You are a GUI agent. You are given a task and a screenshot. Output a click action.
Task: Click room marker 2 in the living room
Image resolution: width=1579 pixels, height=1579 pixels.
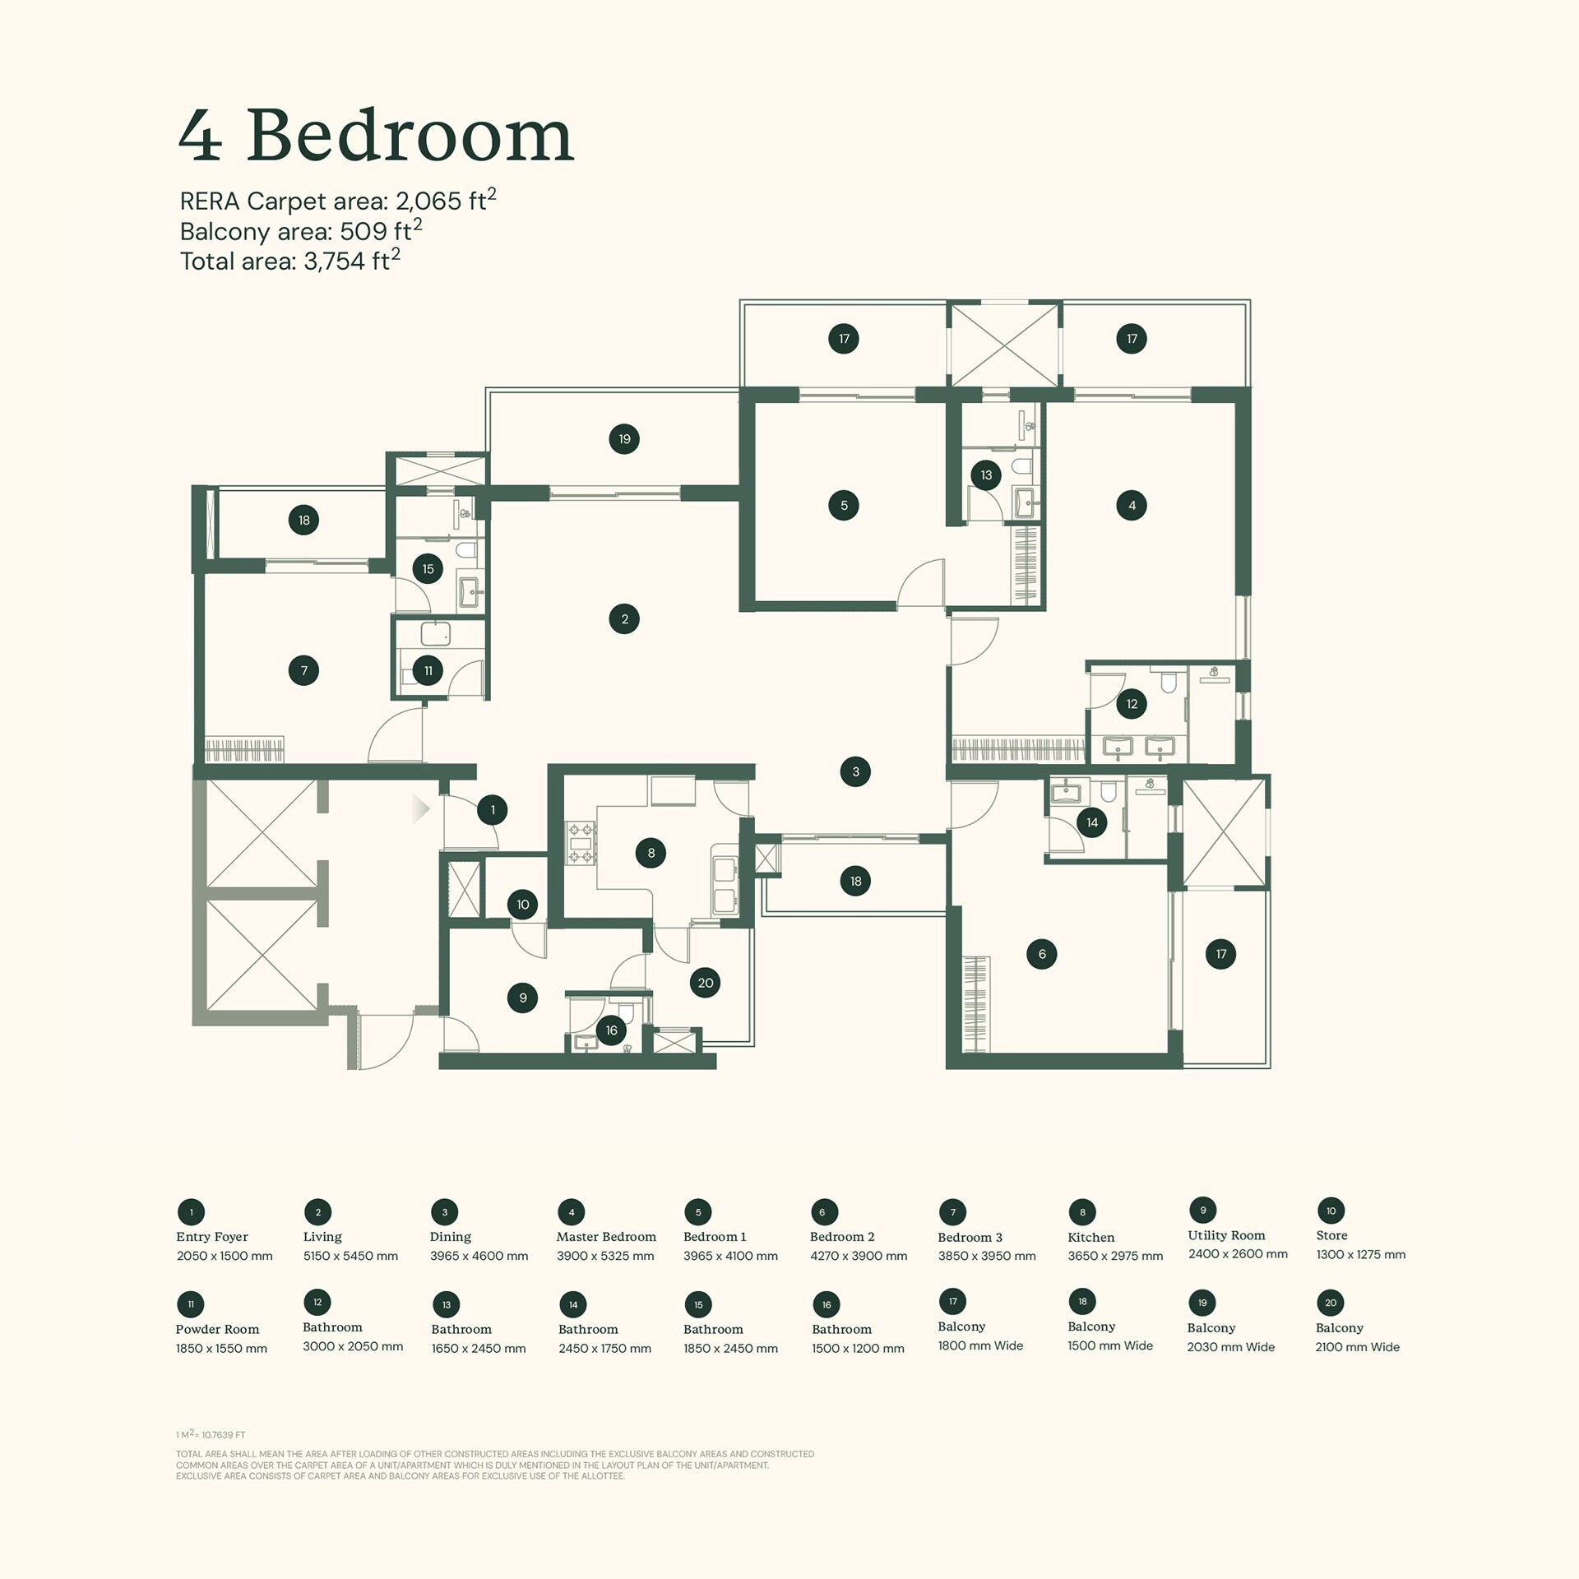624,619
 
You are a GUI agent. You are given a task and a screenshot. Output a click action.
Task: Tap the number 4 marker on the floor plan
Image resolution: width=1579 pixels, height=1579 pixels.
1132,505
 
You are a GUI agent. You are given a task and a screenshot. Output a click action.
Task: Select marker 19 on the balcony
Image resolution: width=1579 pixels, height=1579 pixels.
624,439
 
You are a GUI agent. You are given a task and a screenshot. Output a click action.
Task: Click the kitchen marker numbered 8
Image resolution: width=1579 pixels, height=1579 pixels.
651,853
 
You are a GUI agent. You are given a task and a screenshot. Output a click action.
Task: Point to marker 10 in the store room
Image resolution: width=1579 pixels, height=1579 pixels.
523,905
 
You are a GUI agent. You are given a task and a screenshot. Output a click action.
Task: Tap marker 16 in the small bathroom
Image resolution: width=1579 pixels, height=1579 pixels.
611,1030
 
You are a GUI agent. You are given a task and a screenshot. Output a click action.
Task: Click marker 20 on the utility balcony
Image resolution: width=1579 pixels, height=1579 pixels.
706,983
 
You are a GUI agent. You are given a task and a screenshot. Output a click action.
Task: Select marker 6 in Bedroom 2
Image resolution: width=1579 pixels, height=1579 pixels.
1042,954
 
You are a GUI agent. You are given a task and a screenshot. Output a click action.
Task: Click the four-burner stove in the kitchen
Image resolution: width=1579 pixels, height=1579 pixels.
581,844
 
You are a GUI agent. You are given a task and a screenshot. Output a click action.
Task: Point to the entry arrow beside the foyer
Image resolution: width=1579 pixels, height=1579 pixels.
420,809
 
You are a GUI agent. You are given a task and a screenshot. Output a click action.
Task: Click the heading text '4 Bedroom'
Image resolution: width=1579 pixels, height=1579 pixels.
376,136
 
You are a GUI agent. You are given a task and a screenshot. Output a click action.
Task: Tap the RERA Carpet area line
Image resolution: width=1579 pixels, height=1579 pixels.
337,201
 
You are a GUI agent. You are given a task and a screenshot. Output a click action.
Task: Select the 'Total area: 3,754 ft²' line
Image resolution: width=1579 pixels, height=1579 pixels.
289,261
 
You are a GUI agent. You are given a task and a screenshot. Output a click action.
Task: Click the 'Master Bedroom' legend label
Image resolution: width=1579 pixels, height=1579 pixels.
606,1237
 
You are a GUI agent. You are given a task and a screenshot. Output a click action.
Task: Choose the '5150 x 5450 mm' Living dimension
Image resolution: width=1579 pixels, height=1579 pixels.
350,1256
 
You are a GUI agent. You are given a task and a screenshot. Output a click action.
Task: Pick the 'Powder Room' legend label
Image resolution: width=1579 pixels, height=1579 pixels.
217,1329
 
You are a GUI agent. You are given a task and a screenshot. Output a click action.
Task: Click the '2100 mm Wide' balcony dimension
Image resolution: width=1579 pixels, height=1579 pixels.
1357,1347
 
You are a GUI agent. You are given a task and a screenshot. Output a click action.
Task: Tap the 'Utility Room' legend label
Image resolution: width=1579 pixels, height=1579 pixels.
1226,1235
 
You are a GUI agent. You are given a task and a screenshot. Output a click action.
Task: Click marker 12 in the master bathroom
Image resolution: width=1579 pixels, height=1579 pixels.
1132,704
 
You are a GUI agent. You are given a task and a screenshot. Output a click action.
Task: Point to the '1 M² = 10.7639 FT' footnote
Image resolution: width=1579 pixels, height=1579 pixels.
211,1434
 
